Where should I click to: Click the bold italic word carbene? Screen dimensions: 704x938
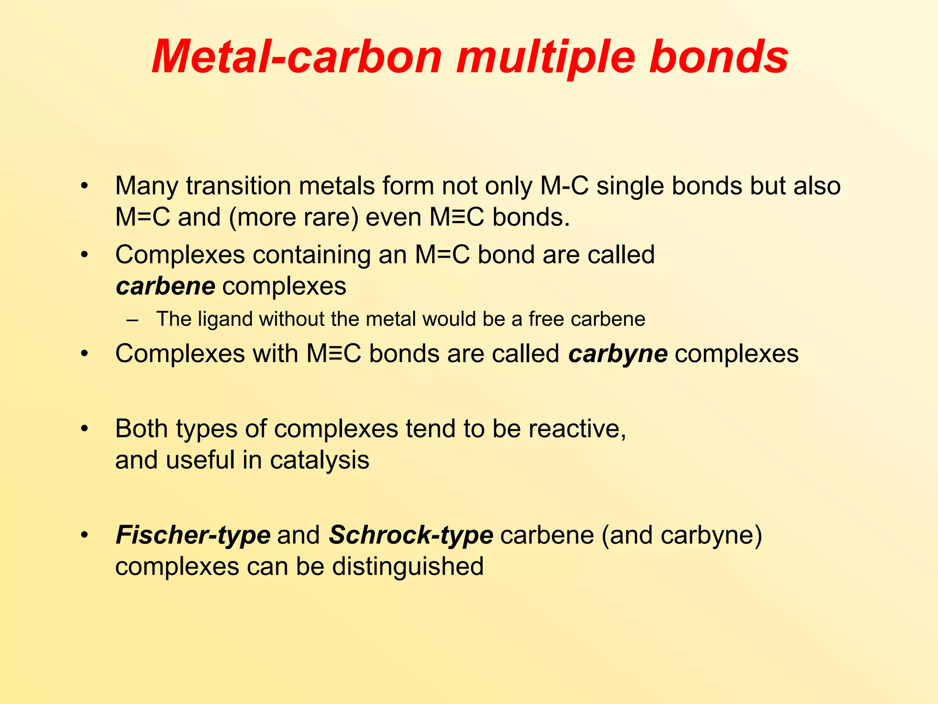[165, 286]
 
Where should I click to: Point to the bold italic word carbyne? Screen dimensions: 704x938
[618, 354]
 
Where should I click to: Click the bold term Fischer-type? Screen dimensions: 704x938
[193, 535]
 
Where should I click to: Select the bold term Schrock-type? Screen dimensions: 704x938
[411, 535]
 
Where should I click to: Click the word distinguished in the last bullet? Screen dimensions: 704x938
[408, 566]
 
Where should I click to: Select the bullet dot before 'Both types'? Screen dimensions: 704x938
[84, 429]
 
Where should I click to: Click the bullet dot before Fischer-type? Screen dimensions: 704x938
[84, 536]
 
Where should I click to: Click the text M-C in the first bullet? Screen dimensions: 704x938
[564, 186]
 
